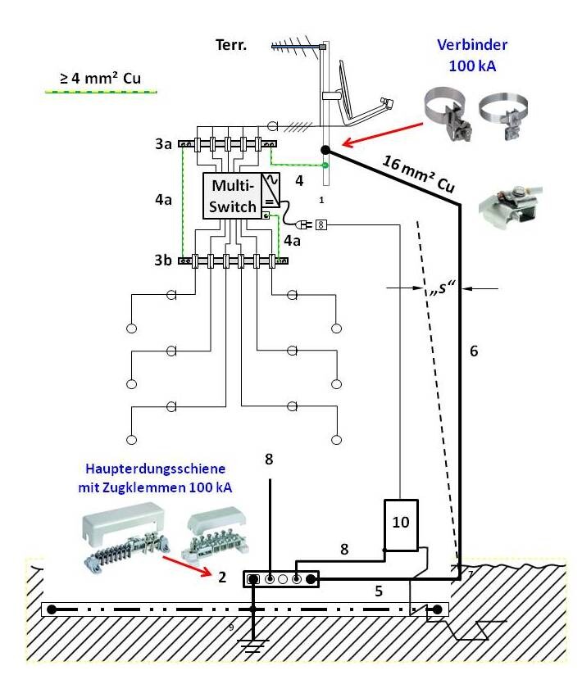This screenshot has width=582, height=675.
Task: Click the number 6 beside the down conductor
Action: [474, 351]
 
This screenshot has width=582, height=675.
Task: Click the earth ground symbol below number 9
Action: [253, 643]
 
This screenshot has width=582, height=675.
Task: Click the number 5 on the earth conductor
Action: [379, 587]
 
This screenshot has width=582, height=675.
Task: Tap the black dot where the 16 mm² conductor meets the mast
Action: [326, 150]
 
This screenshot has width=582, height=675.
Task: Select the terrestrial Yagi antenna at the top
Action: [297, 46]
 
